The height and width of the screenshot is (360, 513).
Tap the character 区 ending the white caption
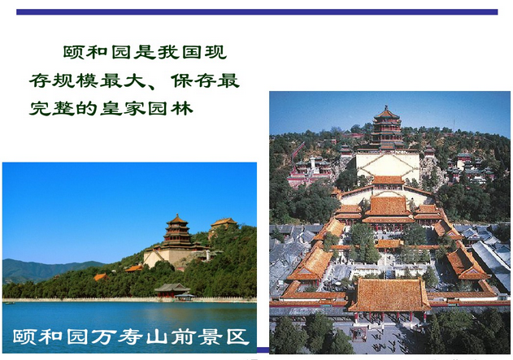click(237, 336)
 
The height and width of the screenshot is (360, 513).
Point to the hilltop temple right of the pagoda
click(223, 223)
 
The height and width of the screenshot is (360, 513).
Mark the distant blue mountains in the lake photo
click(41, 268)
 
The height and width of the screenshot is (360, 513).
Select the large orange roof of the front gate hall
click(389, 294)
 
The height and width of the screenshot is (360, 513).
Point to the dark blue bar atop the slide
click(256, 12)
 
